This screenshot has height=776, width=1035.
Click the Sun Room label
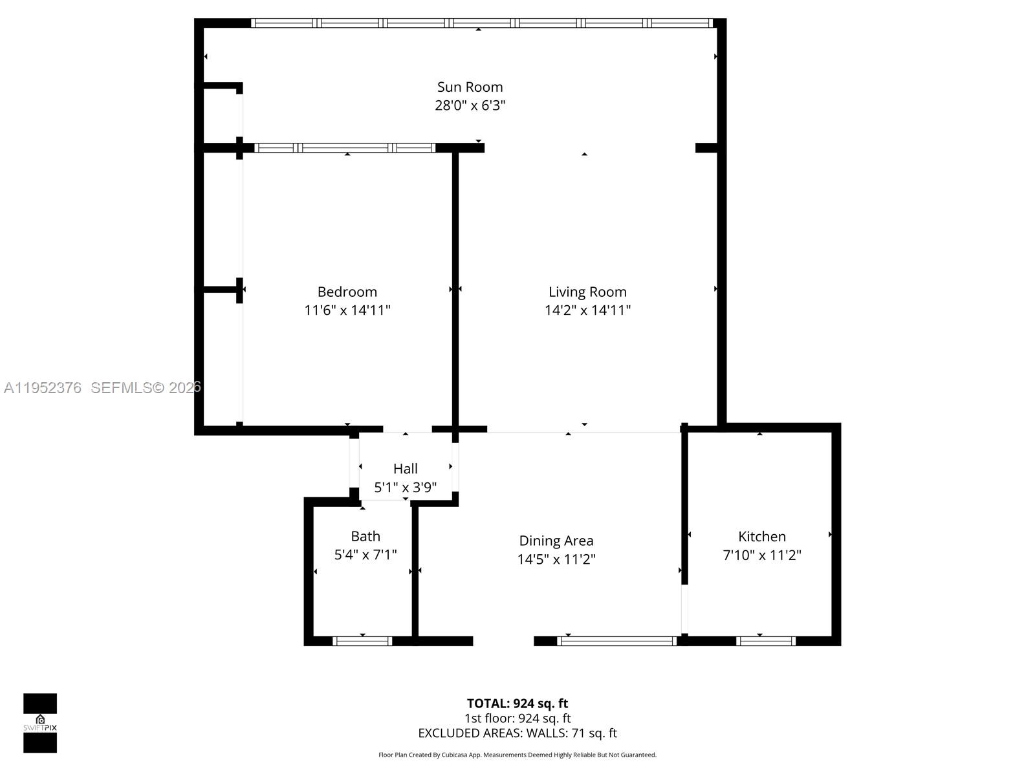pos(470,87)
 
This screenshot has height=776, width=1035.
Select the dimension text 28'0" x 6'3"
pos(470,105)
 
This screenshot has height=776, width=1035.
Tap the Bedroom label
pos(347,292)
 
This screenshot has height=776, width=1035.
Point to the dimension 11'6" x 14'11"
pos(347,310)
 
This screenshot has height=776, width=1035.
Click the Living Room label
pos(587,292)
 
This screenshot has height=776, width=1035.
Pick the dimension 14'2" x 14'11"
pos(587,310)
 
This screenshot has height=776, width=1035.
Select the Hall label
pos(405,469)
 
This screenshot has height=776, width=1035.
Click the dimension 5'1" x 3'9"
pos(405,488)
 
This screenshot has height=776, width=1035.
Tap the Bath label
pos(365,536)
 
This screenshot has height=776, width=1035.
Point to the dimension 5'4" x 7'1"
pos(365,555)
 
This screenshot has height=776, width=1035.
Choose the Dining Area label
pos(556,541)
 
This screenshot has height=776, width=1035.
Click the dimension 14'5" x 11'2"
pos(556,559)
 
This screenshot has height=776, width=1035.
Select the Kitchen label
pos(761,536)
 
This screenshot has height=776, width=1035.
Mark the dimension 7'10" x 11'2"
pos(761,555)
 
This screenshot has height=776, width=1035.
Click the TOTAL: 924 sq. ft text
pos(517,704)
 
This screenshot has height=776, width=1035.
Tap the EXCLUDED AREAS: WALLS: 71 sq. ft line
pos(517,733)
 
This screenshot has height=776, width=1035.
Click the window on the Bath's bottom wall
pos(362,641)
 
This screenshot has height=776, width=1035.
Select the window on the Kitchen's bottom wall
pos(766,641)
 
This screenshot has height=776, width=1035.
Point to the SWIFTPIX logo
pos(40,723)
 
